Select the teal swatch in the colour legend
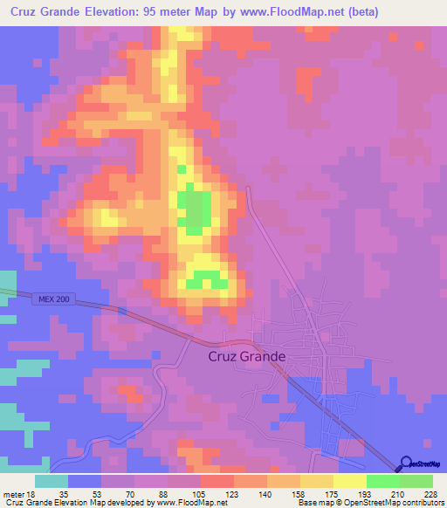pos(52,481)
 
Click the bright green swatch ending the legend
pos(416,481)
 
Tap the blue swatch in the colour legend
pos(85,481)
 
